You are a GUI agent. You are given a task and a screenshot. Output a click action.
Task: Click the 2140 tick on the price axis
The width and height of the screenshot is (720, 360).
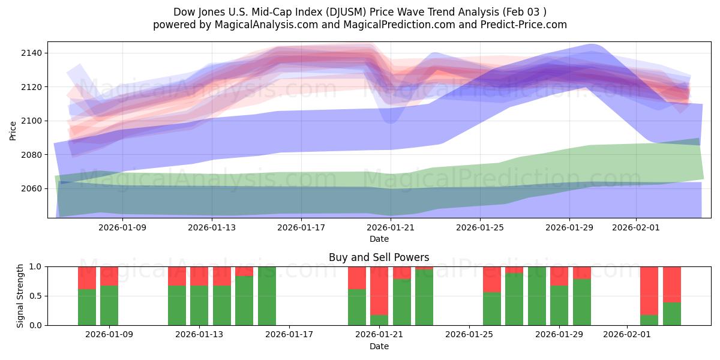click(x=30, y=53)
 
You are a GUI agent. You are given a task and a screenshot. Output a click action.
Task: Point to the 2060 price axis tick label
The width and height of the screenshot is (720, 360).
click(x=30, y=188)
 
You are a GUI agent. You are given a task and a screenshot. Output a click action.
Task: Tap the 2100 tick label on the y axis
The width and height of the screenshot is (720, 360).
click(x=30, y=121)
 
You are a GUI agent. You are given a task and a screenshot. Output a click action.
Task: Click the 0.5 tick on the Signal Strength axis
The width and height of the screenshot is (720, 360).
click(x=35, y=296)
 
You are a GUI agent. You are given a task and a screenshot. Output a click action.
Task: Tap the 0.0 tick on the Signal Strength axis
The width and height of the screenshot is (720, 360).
click(x=35, y=325)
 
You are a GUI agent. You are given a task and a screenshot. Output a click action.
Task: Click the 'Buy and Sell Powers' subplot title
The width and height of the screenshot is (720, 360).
click(x=379, y=257)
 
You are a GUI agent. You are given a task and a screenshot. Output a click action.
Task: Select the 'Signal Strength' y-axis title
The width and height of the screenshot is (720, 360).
click(x=20, y=296)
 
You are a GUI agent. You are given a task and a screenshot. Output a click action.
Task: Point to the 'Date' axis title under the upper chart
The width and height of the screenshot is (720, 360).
click(x=379, y=239)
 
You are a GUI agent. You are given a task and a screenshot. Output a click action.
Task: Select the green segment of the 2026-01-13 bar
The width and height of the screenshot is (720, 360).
click(x=199, y=306)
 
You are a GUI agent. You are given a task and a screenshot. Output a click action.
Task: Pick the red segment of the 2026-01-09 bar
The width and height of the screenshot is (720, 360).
click(x=109, y=276)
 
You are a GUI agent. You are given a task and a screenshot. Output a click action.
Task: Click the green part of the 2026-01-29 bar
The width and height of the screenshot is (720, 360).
click(x=559, y=306)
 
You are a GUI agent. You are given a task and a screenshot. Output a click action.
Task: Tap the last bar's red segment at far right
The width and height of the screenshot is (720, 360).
click(x=672, y=284)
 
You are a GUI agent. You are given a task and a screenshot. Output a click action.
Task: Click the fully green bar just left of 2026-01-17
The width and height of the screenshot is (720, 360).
click(x=267, y=296)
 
